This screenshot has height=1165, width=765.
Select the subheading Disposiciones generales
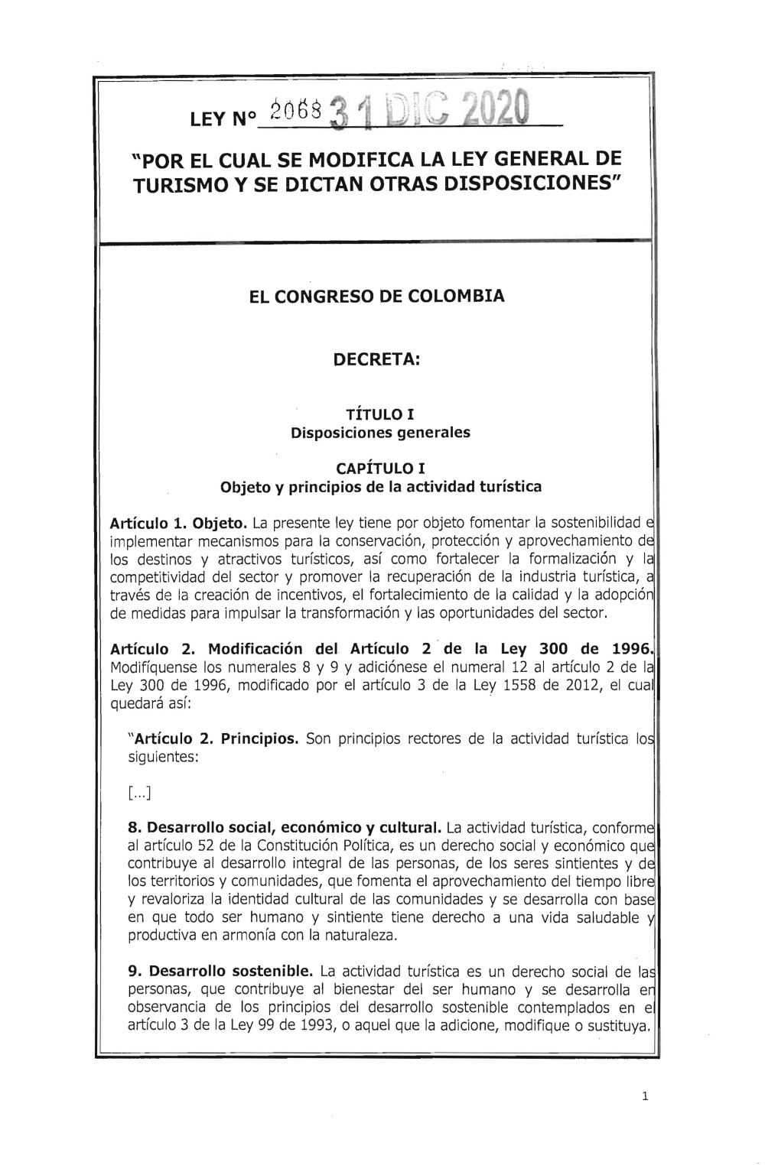380,433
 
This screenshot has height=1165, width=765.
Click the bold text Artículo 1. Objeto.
177,524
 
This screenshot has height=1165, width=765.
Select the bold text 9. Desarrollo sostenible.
220,972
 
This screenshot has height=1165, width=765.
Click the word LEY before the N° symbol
206,121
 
